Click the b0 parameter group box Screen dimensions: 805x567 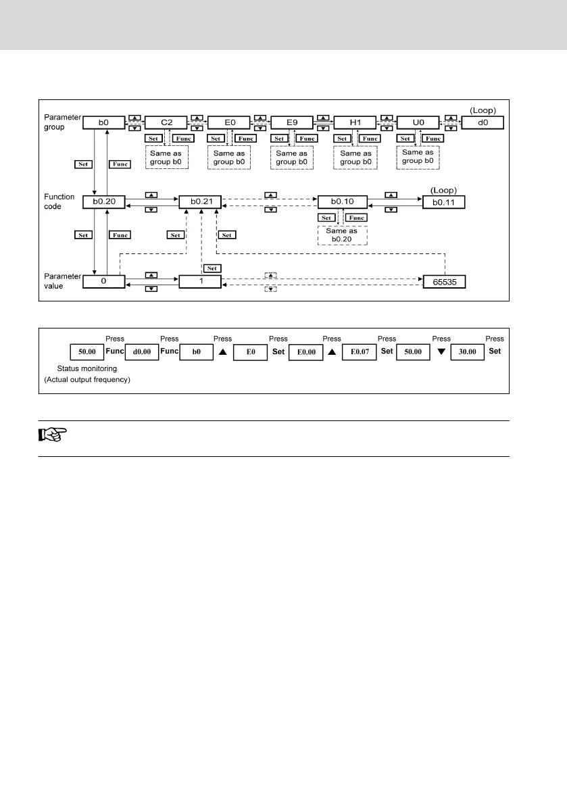(103, 123)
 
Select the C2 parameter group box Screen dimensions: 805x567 (166, 123)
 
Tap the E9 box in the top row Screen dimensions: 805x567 (291, 123)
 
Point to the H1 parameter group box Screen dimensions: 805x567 (355, 123)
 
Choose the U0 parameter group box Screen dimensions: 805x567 (418, 123)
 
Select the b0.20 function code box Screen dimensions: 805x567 (103, 201)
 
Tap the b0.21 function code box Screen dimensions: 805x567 (200, 201)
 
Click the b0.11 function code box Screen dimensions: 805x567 (443, 201)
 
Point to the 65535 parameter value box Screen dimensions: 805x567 (443, 282)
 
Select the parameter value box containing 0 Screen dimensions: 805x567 (103, 282)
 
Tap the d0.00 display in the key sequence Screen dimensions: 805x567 (141, 352)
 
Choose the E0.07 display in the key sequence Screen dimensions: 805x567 (358, 352)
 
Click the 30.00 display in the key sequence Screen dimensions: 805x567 (467, 352)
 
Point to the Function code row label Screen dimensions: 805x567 (59, 201)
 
